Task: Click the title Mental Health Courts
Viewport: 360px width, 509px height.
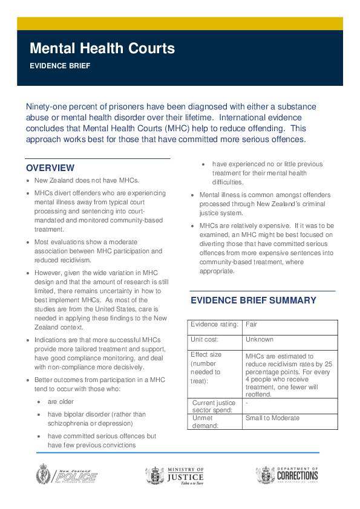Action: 102,48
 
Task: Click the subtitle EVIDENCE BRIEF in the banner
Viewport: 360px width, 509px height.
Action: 60,66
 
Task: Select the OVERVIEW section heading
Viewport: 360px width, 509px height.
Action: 50,167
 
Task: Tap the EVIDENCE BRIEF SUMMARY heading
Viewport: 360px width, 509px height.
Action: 254,300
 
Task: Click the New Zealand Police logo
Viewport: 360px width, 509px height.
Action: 66,476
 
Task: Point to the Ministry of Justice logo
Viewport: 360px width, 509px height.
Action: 175,476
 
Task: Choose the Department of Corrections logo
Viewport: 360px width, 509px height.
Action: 287,475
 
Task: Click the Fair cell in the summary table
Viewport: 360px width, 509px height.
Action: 251,325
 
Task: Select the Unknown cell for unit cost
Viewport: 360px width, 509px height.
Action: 260,340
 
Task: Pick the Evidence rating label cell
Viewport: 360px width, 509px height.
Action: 213,325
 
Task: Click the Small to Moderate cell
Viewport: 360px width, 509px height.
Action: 272,418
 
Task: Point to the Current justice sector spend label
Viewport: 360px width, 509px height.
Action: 214,406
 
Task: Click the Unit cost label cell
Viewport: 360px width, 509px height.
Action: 205,340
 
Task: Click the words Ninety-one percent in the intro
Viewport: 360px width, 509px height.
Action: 63,106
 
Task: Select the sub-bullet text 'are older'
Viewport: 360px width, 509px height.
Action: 61,401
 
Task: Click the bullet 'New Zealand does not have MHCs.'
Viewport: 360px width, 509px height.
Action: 87,180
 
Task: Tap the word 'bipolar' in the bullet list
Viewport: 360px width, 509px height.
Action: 76,414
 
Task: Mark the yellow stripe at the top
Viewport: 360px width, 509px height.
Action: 180,24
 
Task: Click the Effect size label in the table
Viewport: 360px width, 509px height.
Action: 206,355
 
